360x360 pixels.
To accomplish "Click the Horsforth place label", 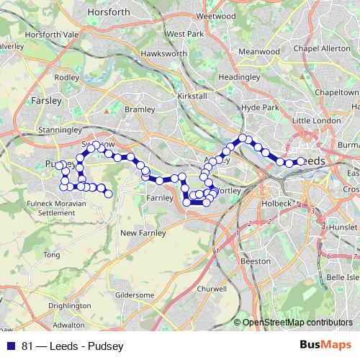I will click(108, 12).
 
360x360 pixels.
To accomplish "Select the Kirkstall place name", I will click(191, 96).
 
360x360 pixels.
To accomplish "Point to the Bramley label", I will click(140, 109).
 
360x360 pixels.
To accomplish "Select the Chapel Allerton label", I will click(325, 48).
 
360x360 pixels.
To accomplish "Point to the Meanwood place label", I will click(259, 52).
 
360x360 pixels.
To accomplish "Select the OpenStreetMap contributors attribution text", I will click(297, 323).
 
